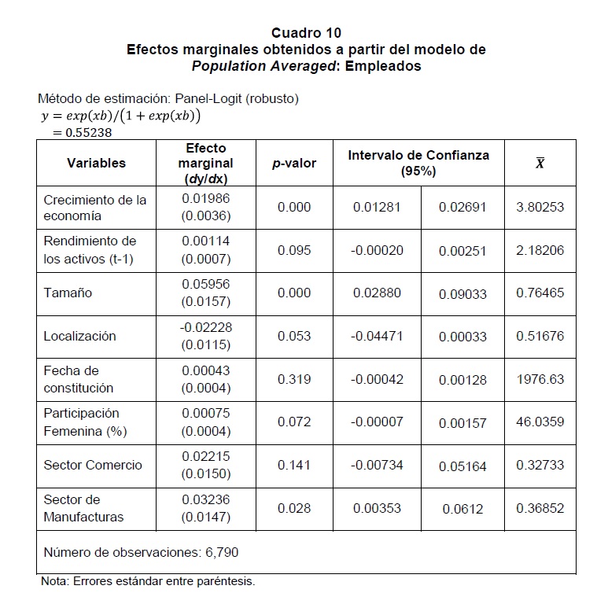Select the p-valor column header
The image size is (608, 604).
pos(294,164)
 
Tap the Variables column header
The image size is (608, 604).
pos(96,164)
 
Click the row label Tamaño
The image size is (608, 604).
pos(68,293)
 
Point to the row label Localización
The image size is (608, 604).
pos(79,337)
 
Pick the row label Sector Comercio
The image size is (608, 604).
pos(93,465)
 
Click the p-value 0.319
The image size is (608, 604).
pos(294,379)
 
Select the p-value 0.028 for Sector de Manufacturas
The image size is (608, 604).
pos(294,508)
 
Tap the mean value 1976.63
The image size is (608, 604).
pos(540,379)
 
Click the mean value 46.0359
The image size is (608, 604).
pos(540,422)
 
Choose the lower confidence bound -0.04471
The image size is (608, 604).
pos(377,337)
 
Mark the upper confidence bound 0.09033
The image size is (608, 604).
pos(462,294)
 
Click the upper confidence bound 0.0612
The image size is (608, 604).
pos(462,509)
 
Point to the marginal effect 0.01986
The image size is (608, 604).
pos(205,199)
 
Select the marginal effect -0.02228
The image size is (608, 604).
pos(205,327)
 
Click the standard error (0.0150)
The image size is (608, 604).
pos(205,473)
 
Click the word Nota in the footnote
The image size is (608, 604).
pos(54,582)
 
